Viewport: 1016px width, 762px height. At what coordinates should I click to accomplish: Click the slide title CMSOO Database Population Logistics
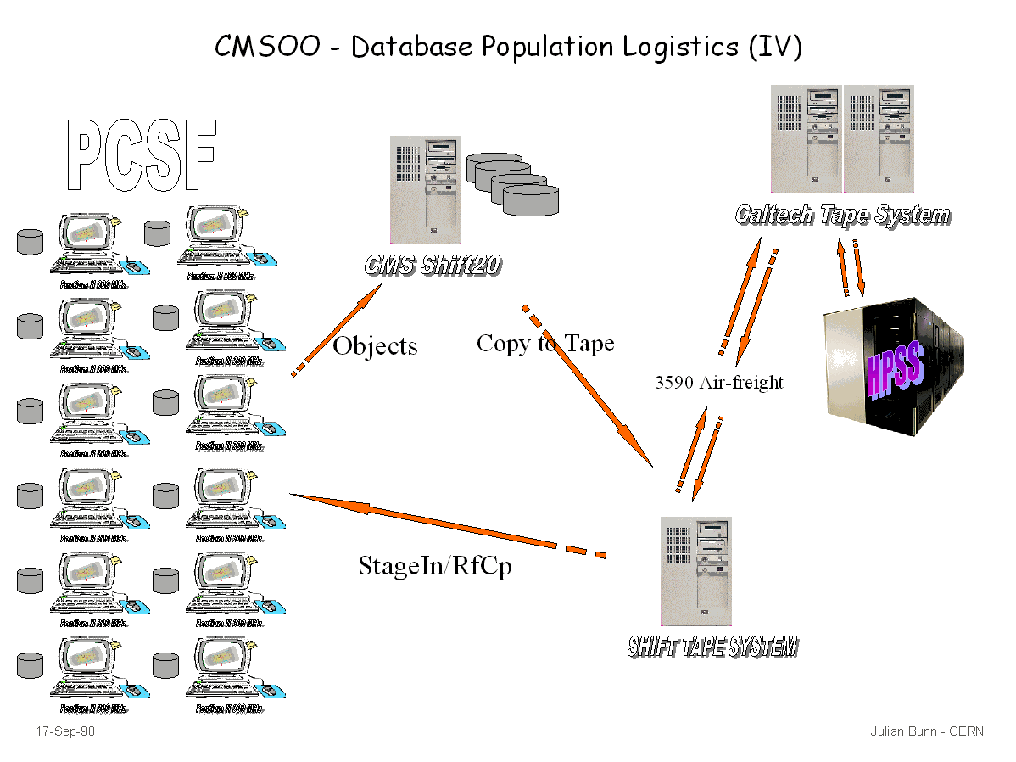click(x=507, y=46)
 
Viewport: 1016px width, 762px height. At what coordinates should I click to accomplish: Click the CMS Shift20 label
click(x=433, y=265)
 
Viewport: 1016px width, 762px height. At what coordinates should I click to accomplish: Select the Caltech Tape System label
click(x=843, y=214)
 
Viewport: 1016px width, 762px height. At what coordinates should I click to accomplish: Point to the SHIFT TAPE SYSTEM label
click(x=712, y=647)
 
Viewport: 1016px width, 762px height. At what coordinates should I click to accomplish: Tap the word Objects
click(x=375, y=346)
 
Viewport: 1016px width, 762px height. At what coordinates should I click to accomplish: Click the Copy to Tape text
click(x=545, y=343)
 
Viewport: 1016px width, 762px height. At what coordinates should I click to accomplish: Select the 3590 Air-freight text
click(x=718, y=383)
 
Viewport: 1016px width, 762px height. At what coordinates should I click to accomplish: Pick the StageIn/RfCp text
click(x=435, y=565)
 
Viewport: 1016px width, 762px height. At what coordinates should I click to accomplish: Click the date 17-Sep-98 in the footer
click(x=65, y=731)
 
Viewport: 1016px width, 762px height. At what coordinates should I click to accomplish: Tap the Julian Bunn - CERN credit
click(x=927, y=731)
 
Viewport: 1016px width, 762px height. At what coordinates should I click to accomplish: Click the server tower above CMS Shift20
click(x=425, y=188)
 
